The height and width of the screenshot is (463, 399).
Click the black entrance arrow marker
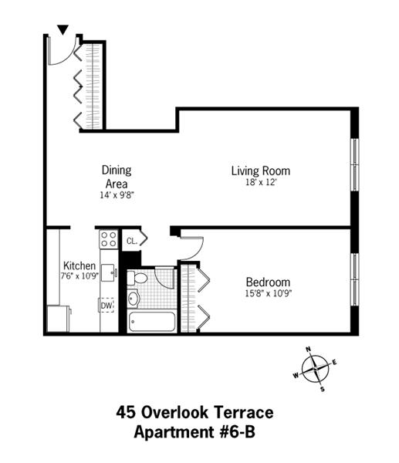[63, 29]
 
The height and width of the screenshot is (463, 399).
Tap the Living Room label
[261, 171]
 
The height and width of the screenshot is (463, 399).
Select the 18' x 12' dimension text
[261, 182]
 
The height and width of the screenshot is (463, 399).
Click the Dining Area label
[117, 177]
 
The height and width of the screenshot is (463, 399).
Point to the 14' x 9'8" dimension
[117, 195]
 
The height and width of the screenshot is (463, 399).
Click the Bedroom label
[268, 282]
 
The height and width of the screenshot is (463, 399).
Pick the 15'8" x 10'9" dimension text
[268, 293]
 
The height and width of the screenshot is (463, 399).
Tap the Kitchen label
[79, 265]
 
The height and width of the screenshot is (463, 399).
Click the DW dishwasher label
[107, 306]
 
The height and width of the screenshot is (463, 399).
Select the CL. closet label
[132, 241]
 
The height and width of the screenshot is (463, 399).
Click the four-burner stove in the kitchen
[108, 239]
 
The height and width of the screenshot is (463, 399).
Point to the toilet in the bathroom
[137, 278]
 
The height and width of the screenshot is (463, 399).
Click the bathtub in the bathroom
[152, 322]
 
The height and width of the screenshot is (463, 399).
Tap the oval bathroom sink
[134, 298]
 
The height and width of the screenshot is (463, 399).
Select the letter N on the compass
[309, 350]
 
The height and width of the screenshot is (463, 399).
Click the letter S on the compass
[323, 389]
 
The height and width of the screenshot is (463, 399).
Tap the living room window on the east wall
[355, 165]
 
